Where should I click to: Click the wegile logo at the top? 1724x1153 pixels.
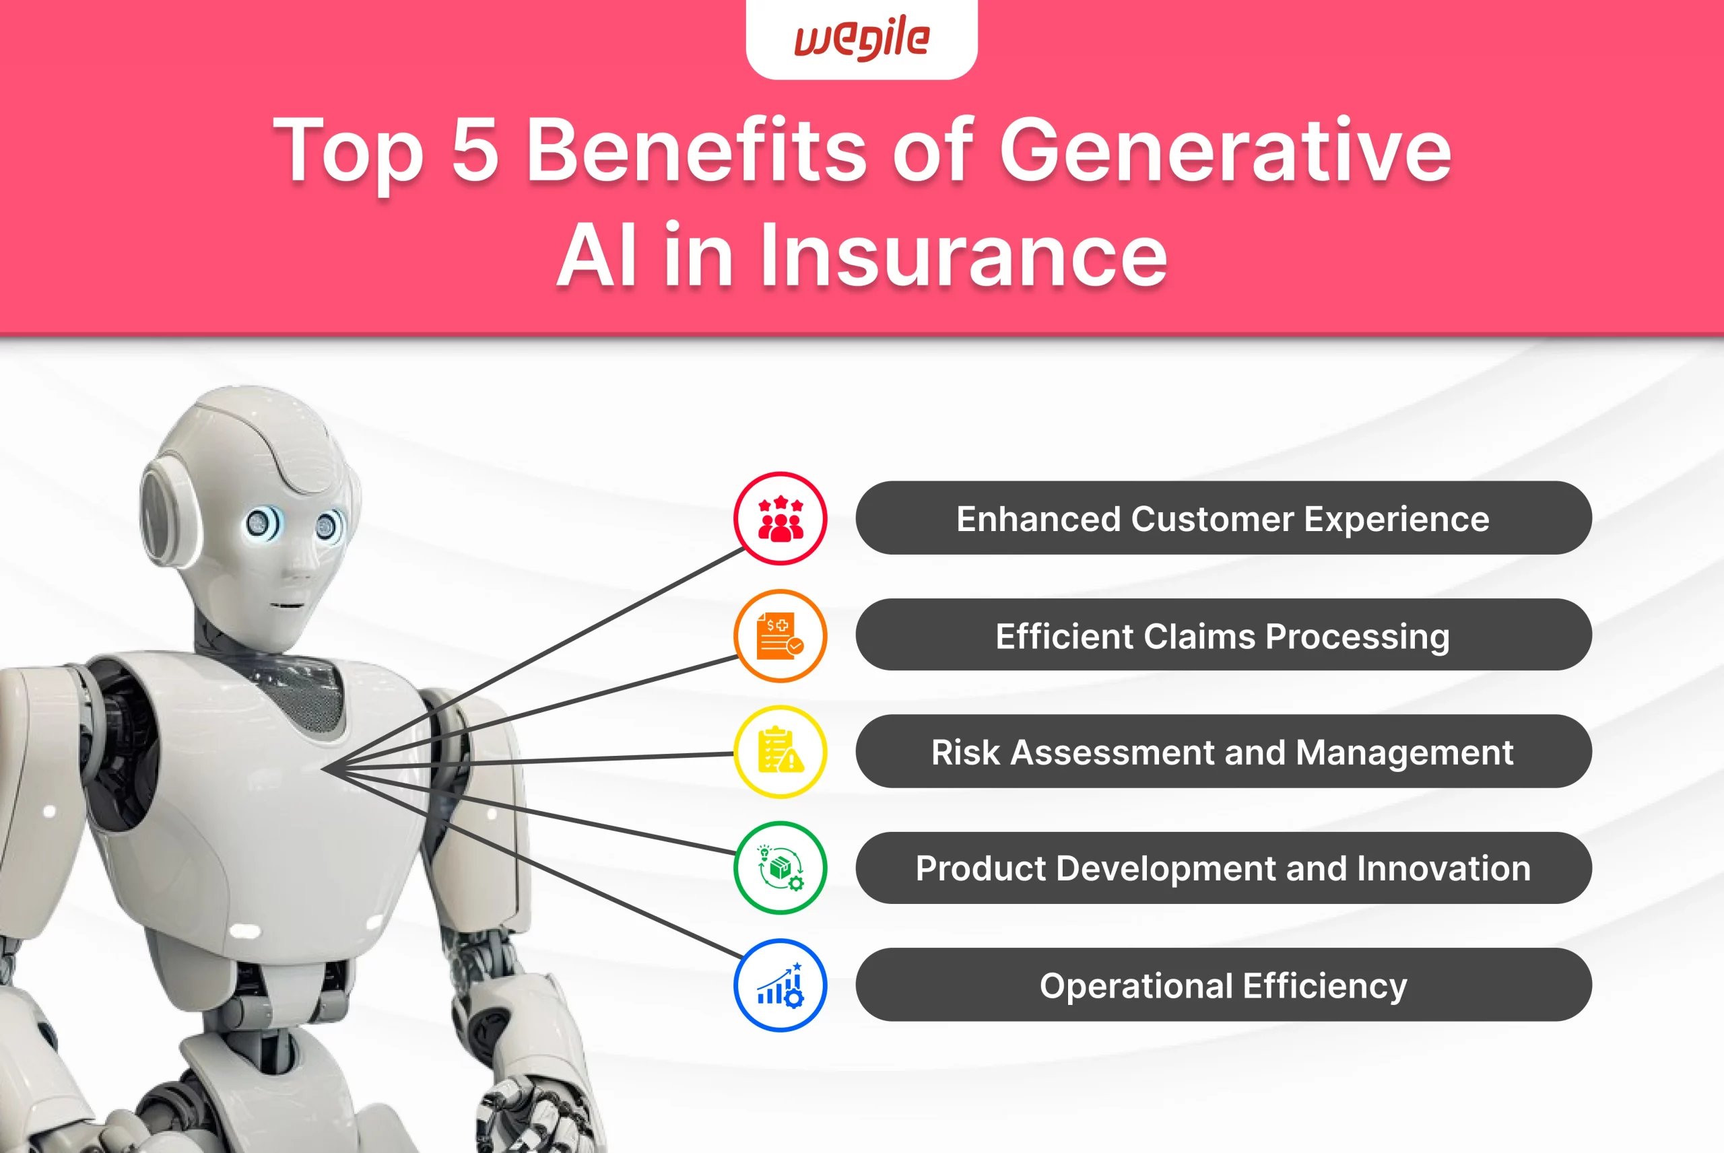point(862,38)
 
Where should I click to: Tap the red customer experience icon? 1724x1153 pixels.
point(781,518)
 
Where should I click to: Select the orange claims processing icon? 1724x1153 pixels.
point(781,635)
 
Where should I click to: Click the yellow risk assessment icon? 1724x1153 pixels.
point(781,752)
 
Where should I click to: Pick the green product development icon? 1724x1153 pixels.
point(781,868)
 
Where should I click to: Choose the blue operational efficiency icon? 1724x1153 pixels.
point(781,985)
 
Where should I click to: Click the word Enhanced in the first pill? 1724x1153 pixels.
point(1038,518)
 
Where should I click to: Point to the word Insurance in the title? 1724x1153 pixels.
point(964,256)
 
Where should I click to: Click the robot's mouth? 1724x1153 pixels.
point(287,606)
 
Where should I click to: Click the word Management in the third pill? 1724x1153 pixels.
point(1405,753)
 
